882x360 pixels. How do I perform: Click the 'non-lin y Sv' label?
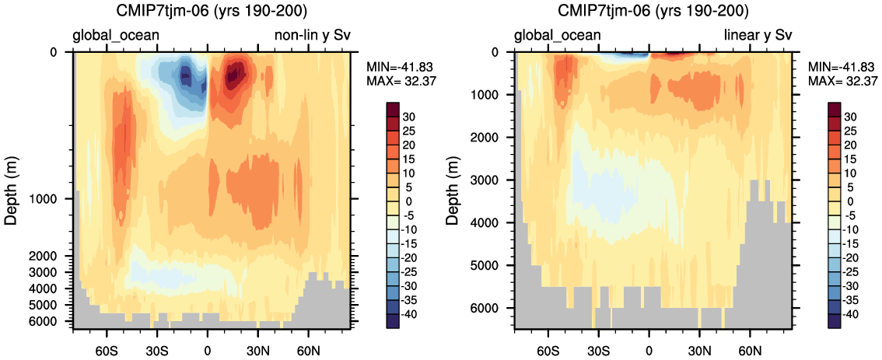312,36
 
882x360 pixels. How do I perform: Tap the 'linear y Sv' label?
758,36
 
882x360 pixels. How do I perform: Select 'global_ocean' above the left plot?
117,36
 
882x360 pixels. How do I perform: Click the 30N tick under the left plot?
258,344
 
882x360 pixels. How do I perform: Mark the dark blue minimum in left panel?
185,74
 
